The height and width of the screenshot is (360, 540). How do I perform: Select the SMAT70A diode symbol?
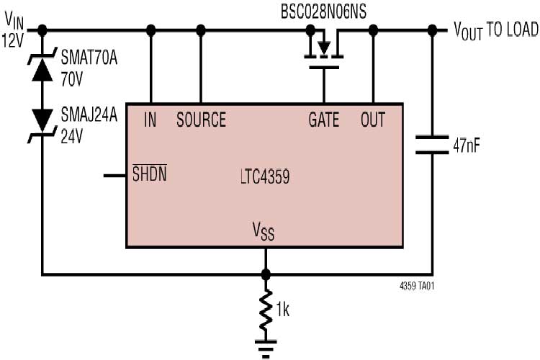pyautogui.click(x=42, y=68)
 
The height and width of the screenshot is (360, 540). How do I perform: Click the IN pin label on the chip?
pyautogui.click(x=150, y=120)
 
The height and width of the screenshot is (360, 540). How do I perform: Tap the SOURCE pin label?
pyautogui.click(x=201, y=120)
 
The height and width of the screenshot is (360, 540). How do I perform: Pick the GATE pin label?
pyautogui.click(x=323, y=120)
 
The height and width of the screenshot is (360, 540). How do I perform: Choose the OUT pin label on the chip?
pyautogui.click(x=373, y=120)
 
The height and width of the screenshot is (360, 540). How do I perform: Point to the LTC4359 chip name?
pyautogui.click(x=265, y=176)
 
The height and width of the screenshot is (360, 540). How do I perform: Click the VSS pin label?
pyautogui.click(x=264, y=231)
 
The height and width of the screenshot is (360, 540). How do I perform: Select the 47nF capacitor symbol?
pyautogui.click(x=432, y=144)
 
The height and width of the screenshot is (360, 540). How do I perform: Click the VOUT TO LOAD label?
pyautogui.click(x=495, y=30)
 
